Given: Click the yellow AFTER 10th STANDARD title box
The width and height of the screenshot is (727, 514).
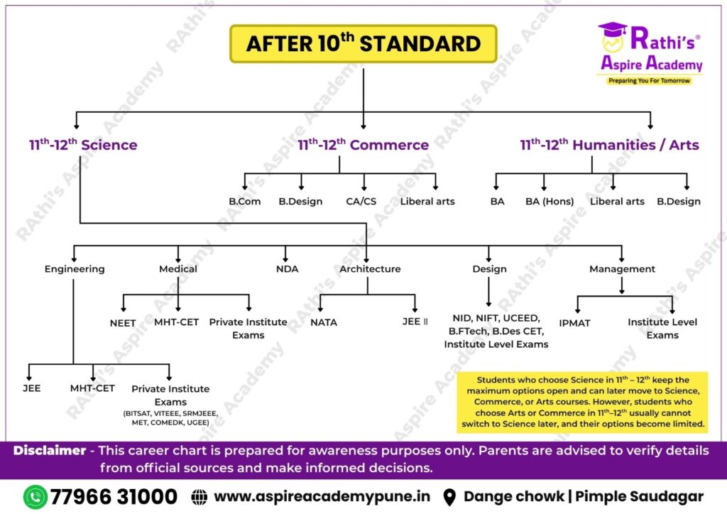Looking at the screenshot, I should [x=363, y=43].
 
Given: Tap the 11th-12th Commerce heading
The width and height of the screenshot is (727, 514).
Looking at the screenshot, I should [x=363, y=145].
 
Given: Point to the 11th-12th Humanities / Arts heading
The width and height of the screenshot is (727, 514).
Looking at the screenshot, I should [x=609, y=145].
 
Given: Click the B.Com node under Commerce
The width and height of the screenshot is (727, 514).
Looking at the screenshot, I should [x=244, y=201].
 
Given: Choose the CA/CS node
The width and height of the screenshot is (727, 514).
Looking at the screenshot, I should [x=361, y=201].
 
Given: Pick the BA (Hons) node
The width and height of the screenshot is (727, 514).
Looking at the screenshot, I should [x=545, y=201].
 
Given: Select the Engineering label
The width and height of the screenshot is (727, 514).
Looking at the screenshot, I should [x=75, y=269].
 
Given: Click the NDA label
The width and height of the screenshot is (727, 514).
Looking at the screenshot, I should [x=287, y=269].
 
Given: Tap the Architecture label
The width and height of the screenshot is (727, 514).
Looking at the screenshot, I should [x=370, y=269].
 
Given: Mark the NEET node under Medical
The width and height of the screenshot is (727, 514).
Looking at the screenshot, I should [x=123, y=322].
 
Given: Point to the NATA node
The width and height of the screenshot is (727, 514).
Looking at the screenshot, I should [x=324, y=322].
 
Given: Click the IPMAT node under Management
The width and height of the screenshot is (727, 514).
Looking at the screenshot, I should [x=574, y=323].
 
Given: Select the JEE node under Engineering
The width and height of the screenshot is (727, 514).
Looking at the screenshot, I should [x=31, y=388].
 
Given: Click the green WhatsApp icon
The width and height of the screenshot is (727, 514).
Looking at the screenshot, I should [x=35, y=496].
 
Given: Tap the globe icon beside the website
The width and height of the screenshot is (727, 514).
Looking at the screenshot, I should [x=199, y=497].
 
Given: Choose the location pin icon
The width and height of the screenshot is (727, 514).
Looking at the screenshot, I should [x=449, y=497].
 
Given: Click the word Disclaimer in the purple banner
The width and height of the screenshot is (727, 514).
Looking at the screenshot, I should [x=53, y=451].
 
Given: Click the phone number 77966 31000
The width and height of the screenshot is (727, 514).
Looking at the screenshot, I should [x=114, y=496].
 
